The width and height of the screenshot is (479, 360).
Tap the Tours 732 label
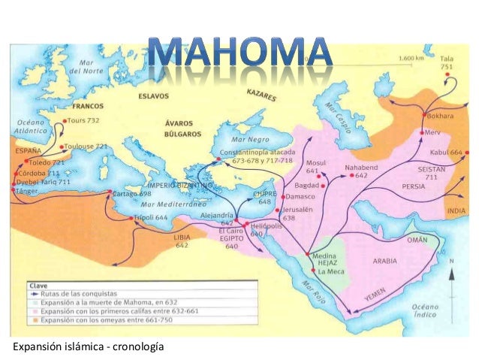(85, 120)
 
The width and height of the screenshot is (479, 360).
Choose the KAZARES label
(261, 96)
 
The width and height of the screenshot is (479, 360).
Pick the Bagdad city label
(308, 185)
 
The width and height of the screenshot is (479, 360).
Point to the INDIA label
(456, 211)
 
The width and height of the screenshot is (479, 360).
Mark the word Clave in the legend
(40, 286)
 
